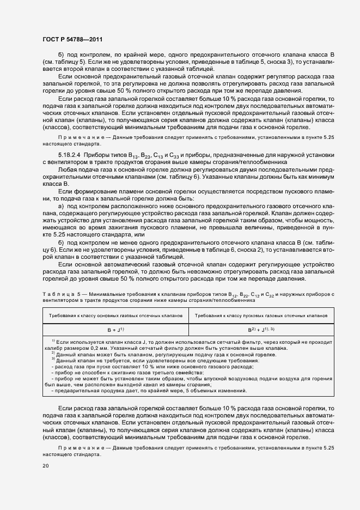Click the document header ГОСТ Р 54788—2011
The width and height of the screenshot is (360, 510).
click(72, 40)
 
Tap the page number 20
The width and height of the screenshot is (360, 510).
click(46, 466)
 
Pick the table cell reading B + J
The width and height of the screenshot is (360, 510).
click(115, 330)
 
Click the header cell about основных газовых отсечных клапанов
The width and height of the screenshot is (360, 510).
click(115, 315)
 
